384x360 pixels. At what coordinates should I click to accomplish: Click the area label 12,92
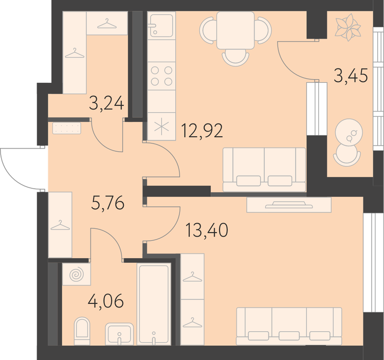pos(202,131)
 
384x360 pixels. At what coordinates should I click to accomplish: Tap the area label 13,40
pos(207,230)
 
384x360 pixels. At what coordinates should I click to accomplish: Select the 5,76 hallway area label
pos(108,203)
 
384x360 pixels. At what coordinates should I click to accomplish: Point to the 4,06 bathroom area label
pos(106,301)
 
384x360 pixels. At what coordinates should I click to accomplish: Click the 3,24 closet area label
pos(106,103)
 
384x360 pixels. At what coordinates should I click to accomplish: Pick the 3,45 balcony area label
pos(351,76)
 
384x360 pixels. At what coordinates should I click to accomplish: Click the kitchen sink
pos(161,26)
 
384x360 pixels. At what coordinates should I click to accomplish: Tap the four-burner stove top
pos(161,76)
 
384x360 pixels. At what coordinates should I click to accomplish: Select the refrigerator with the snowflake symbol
pos(161,127)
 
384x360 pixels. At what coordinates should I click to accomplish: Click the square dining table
pos(235,30)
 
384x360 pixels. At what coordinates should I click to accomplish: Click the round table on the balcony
pos(349,132)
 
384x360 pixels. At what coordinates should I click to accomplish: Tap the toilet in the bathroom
pos(82,331)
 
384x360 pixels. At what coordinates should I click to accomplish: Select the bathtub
pos(154,304)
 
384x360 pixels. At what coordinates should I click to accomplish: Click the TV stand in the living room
pos(289,205)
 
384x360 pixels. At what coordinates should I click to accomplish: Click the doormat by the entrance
pos(67,128)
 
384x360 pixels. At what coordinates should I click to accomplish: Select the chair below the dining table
pos(235,58)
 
